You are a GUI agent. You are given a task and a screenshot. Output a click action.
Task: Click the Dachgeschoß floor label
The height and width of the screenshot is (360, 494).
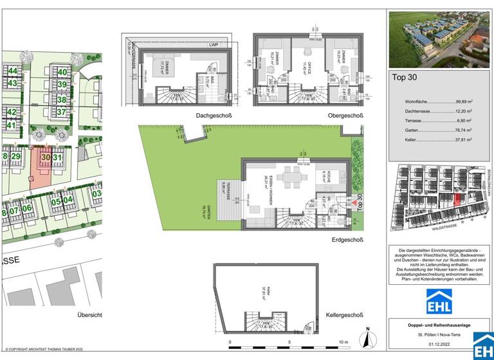(x=214, y=116)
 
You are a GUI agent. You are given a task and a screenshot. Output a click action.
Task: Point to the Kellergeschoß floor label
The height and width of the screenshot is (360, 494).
(x=343, y=316)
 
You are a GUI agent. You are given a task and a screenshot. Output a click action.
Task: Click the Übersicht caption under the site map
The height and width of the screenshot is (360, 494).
(x=89, y=316)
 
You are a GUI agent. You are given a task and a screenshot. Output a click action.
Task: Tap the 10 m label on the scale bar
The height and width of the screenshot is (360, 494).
(x=343, y=342)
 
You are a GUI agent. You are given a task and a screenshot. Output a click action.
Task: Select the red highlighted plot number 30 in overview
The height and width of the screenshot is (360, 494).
(x=45, y=157)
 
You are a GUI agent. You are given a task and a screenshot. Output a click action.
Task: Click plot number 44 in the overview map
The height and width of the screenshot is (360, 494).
(x=12, y=71)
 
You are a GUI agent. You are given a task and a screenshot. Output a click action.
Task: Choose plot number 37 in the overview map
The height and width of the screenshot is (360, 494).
(x=62, y=112)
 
